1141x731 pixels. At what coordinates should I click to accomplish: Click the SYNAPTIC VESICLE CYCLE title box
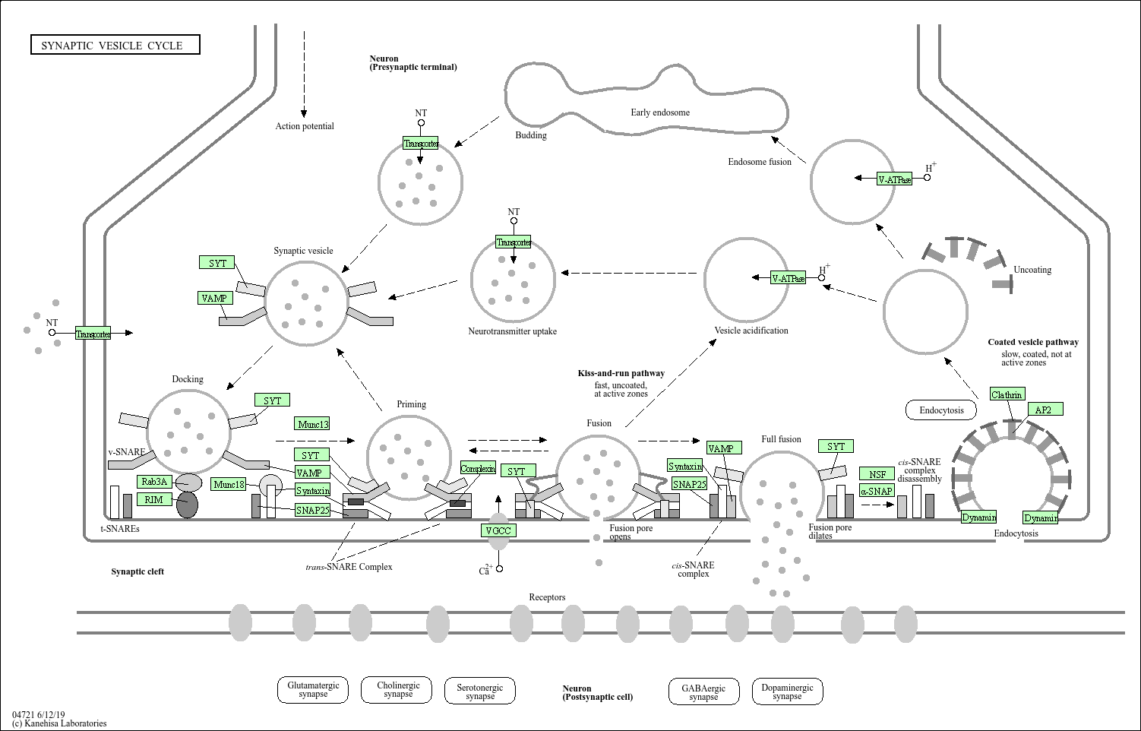[x=115, y=45]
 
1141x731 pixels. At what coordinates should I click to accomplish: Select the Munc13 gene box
[x=313, y=424]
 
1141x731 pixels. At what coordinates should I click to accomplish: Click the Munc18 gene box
[x=229, y=484]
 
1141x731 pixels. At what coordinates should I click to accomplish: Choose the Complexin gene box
[x=478, y=469]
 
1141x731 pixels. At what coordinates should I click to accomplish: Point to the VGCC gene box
[x=498, y=530]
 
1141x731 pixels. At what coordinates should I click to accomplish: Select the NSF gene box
[x=877, y=474]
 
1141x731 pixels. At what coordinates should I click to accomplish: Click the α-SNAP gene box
[x=877, y=491]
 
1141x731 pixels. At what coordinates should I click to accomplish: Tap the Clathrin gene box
[x=1007, y=394]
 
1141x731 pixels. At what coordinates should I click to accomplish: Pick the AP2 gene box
[x=1044, y=410]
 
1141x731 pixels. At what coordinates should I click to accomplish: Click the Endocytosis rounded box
[x=941, y=410]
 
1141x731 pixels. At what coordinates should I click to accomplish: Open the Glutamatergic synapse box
[x=313, y=689]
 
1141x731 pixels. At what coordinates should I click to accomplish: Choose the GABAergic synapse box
[x=703, y=692]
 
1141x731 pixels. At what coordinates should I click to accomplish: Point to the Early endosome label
[x=660, y=112]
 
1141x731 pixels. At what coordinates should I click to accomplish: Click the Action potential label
[x=305, y=126]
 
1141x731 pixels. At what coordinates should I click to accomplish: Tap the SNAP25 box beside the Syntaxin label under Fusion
[x=690, y=484]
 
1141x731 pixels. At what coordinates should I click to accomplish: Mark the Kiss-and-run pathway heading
[x=621, y=373]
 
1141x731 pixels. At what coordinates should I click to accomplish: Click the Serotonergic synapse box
[x=480, y=691]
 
